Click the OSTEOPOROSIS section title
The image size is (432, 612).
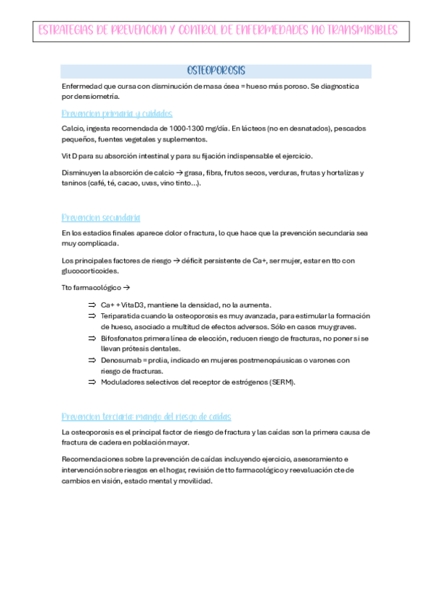(216, 71)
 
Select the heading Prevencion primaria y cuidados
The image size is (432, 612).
(117, 113)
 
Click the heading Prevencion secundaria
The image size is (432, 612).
(101, 217)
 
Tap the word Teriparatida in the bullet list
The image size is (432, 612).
(121, 316)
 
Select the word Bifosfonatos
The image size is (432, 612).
(123, 338)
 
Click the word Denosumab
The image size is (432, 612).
(120, 359)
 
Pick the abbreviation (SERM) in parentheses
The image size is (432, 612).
(282, 382)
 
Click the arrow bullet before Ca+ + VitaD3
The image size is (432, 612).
(92, 305)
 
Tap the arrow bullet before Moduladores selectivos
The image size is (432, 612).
(92, 382)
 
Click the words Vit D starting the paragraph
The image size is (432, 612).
(71, 156)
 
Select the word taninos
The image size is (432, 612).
(75, 183)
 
